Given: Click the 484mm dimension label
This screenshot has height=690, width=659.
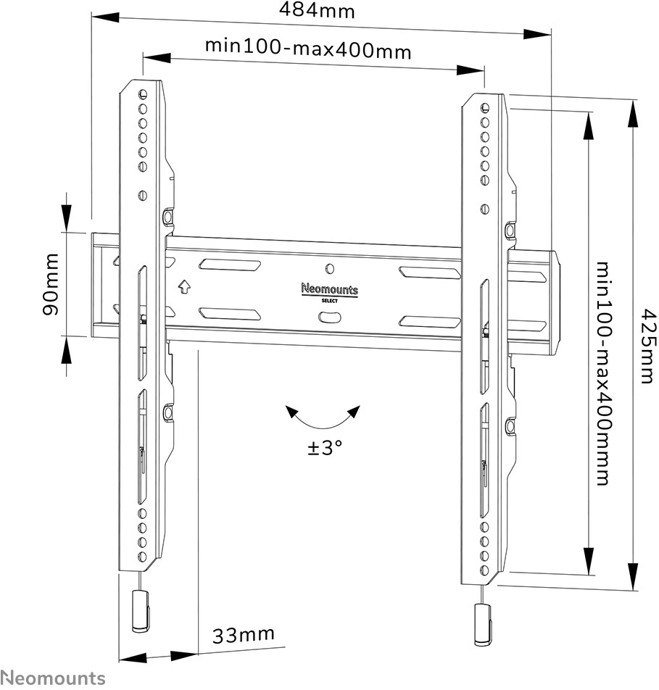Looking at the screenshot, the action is click(317, 10).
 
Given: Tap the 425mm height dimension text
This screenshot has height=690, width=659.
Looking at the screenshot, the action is click(647, 346).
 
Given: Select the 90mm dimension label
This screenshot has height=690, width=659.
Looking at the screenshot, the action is click(51, 284).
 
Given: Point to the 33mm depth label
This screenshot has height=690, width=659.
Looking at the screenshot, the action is click(244, 635).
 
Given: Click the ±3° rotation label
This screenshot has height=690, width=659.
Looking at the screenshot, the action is click(325, 447).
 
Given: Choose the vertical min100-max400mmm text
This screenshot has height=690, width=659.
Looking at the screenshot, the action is click(603, 373).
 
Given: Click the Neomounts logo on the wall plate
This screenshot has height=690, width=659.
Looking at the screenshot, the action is click(329, 290).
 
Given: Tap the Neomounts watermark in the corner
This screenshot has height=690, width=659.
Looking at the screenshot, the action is click(53, 678).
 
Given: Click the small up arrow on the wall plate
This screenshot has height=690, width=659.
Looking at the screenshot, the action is click(184, 287).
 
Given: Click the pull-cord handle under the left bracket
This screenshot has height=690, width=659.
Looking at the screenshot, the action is click(141, 611).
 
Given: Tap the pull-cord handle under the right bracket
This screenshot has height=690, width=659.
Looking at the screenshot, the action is click(482, 625).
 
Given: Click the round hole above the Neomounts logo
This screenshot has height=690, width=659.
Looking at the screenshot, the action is click(331, 268).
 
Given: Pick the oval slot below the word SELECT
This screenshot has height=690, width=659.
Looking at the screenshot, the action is click(330, 317).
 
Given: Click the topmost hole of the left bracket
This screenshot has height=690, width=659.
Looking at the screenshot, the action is click(143, 94).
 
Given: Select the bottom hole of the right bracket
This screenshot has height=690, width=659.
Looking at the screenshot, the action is click(485, 570).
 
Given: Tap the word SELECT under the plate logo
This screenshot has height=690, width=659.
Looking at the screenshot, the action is click(329, 301).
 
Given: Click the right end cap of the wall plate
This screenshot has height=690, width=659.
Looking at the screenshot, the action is click(555, 303).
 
